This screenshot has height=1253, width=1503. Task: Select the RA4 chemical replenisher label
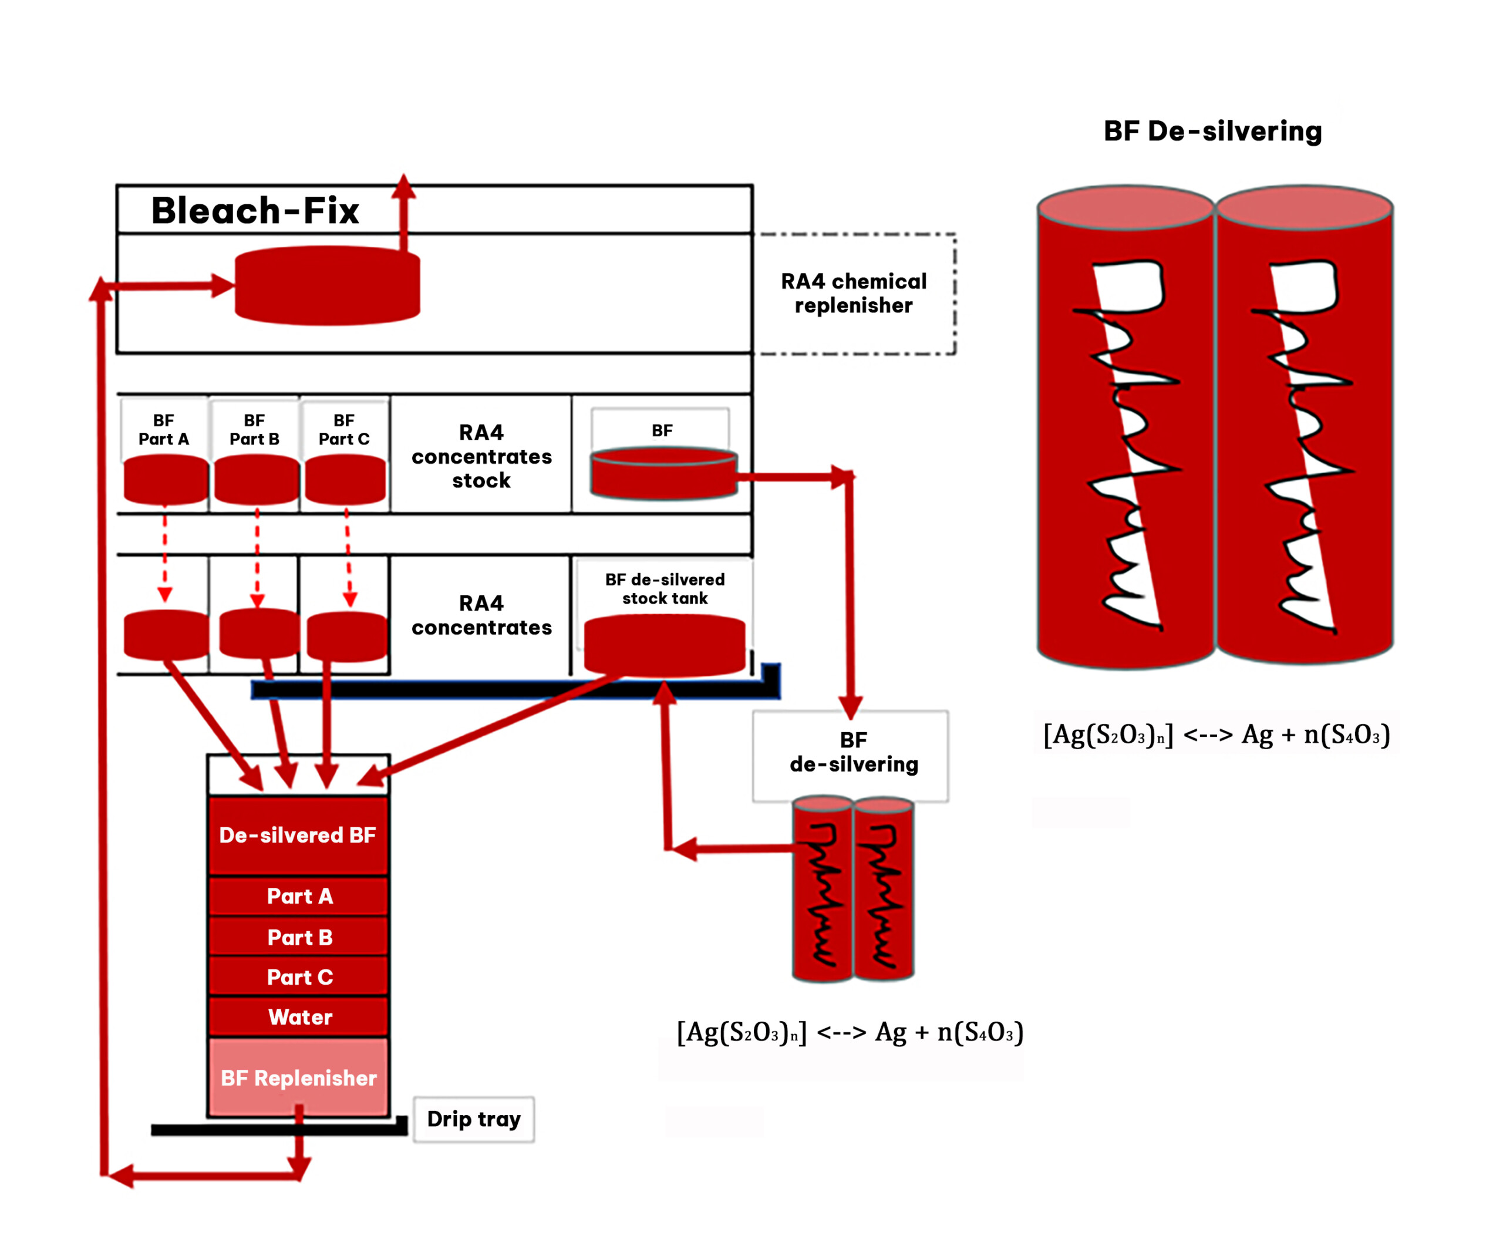(x=853, y=294)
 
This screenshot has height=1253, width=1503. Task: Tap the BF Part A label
(x=164, y=429)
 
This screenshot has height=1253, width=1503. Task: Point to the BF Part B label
(x=254, y=429)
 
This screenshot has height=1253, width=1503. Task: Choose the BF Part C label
(x=344, y=429)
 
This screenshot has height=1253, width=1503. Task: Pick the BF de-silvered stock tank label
(x=665, y=589)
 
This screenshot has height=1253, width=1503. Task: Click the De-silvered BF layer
(x=298, y=835)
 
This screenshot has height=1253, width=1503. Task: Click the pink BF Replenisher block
(x=298, y=1077)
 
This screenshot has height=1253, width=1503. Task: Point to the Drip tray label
(x=474, y=1119)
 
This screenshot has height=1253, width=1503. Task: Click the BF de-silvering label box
(x=851, y=756)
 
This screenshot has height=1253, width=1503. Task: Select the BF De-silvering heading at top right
(x=1212, y=131)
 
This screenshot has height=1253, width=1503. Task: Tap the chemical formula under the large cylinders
(x=1216, y=734)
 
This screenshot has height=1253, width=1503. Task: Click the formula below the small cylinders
(x=850, y=1032)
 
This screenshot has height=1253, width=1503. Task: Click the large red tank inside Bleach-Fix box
(x=328, y=286)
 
